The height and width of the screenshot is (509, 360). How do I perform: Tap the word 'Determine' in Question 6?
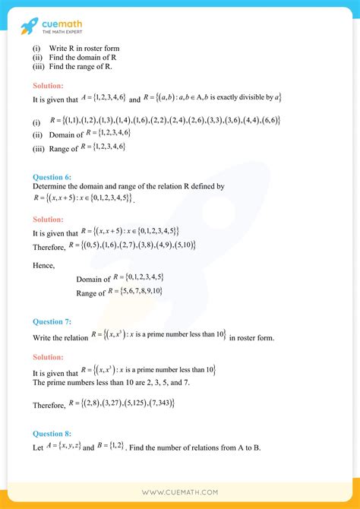(x=49, y=185)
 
